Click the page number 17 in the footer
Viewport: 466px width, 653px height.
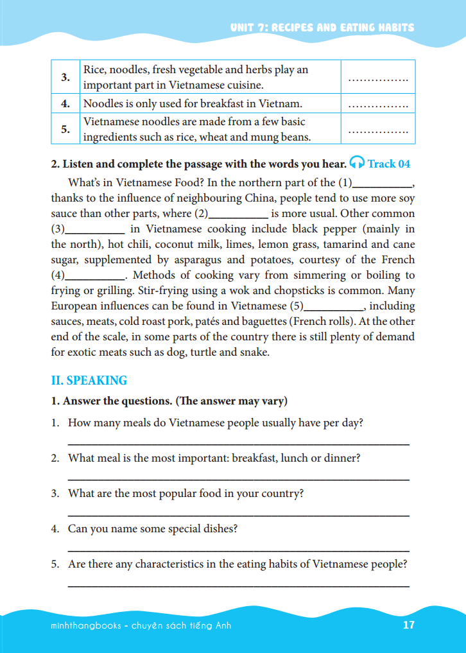[409, 625]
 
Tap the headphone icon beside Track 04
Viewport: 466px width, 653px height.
[358, 163]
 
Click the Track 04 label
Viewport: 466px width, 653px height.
[389, 164]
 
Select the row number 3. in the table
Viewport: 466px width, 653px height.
[65, 78]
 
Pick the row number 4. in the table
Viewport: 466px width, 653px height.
[65, 103]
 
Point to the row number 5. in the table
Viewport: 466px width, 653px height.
[65, 129]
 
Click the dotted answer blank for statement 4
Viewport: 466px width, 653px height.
[377, 105]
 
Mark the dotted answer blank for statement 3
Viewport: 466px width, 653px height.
[377, 80]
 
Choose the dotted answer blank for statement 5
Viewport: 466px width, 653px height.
[377, 131]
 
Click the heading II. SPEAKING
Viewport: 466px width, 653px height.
[89, 380]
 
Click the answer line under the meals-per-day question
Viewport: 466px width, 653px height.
[238, 444]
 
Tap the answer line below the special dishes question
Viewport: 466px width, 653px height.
[238, 550]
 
